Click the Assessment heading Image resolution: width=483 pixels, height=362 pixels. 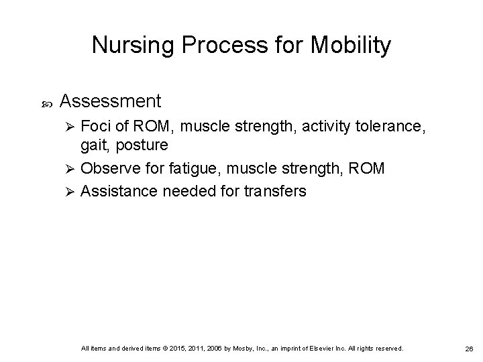111,101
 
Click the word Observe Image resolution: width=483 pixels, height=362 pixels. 109,168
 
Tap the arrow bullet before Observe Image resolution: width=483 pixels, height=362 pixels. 70,168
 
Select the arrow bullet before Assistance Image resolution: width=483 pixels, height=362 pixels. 70,191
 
